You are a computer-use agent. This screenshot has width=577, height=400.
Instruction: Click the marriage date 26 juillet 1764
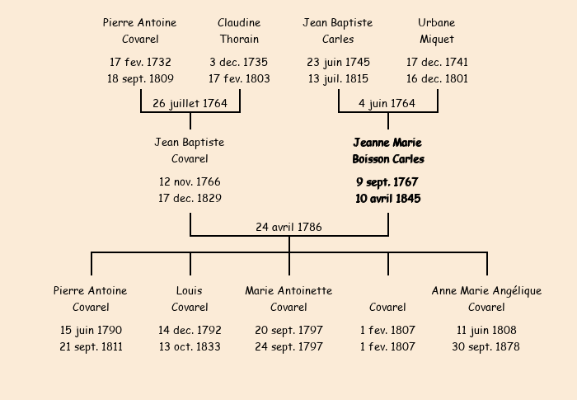click(190, 103)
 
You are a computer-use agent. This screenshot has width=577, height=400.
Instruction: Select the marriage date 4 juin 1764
click(387, 103)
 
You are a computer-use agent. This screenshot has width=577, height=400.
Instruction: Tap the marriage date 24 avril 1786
click(288, 227)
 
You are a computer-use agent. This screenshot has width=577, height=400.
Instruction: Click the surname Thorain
click(239, 39)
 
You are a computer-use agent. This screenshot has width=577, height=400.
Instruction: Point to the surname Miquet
click(437, 39)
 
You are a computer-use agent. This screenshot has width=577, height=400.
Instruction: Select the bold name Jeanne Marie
click(387, 143)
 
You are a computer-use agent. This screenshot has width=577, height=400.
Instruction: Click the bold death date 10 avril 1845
click(388, 199)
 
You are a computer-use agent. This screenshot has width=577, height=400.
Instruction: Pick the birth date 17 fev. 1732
click(140, 62)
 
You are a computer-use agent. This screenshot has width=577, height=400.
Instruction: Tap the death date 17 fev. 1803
click(239, 78)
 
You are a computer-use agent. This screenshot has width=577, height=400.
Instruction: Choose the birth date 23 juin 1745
click(338, 62)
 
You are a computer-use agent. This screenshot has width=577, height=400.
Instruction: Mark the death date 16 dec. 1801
click(437, 78)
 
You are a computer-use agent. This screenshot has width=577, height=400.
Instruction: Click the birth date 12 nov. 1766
click(190, 181)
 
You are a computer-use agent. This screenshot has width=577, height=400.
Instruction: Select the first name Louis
click(189, 290)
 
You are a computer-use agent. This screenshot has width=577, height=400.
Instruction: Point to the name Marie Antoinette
click(288, 290)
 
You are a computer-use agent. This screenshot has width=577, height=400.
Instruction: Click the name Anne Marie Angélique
click(486, 291)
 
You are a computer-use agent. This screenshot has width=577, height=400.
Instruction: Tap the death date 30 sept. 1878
click(486, 346)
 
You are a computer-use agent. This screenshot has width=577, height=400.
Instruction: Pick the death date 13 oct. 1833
click(190, 346)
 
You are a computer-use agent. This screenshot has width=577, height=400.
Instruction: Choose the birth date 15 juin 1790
click(91, 331)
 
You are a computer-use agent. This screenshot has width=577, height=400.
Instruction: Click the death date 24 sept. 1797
click(288, 346)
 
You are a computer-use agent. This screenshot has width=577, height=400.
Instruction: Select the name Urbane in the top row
click(436, 22)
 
